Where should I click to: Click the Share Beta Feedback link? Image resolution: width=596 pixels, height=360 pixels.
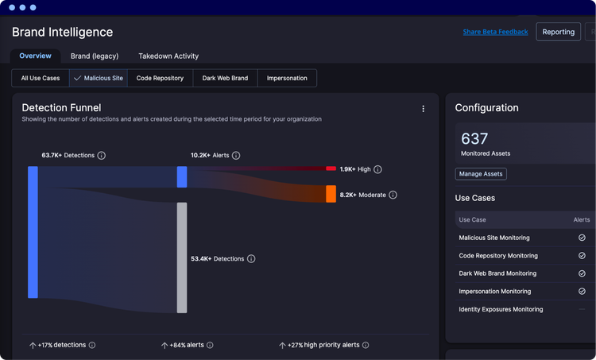[495, 32]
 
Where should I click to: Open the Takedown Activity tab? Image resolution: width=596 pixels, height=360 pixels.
[168, 56]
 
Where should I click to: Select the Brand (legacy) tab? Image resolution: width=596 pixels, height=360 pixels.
[95, 56]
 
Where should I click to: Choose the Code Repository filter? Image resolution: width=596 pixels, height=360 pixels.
[160, 78]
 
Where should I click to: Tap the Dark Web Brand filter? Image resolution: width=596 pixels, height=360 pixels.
[225, 78]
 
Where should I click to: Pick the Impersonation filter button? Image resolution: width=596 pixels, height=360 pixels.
[287, 78]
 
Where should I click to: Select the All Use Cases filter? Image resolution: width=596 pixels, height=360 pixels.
[41, 78]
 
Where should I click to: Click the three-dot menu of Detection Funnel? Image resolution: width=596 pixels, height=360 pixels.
[423, 109]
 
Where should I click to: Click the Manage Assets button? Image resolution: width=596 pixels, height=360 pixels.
[481, 174]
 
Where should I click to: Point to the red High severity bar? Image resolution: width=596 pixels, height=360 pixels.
[331, 168]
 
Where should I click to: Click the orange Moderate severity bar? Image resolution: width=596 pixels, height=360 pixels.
[331, 194]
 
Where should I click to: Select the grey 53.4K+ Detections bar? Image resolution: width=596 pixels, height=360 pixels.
[182, 257]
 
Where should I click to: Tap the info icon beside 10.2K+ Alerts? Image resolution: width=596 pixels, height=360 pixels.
[236, 156]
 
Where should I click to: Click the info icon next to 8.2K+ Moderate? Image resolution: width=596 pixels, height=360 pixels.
[393, 195]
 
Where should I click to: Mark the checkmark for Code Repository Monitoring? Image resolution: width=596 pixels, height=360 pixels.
[582, 255]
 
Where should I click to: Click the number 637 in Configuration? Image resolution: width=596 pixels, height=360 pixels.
[474, 139]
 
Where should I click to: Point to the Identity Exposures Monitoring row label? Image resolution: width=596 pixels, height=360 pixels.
[501, 309]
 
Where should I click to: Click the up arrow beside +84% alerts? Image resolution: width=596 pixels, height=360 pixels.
[164, 345]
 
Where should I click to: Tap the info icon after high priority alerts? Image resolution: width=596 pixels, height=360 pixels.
[366, 345]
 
